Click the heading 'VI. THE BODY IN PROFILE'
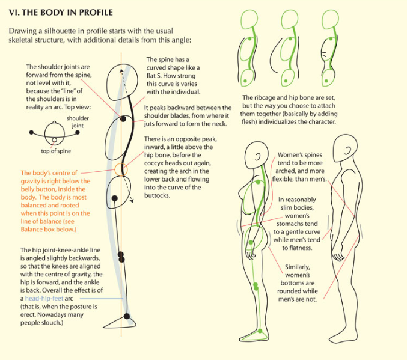pyautogui.click(x=61, y=13)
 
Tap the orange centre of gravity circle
pyautogui.click(x=121, y=169)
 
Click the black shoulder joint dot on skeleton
pyautogui.click(x=123, y=119)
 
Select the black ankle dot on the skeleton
pyautogui.click(x=127, y=316)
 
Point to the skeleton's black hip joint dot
pyautogui.click(x=114, y=198)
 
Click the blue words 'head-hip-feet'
pyautogui.click(x=44, y=298)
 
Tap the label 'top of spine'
pyautogui.click(x=56, y=151)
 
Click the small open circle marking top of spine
pyautogui.click(x=54, y=140)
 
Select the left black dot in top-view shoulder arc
pyautogui.click(x=31, y=132)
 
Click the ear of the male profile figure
pyautogui.click(x=348, y=150)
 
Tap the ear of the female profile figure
pyautogui.click(x=257, y=157)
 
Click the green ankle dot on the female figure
pyautogui.click(x=260, y=331)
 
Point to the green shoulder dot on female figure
pyautogui.click(x=258, y=182)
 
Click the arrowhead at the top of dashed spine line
pyautogui.click(x=121, y=70)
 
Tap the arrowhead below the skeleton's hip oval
pyautogui.click(x=132, y=201)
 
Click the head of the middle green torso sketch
pyautogui.click(x=290, y=19)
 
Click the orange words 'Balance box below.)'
pyautogui.click(x=49, y=230)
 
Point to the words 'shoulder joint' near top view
pyautogui.click(x=78, y=122)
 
